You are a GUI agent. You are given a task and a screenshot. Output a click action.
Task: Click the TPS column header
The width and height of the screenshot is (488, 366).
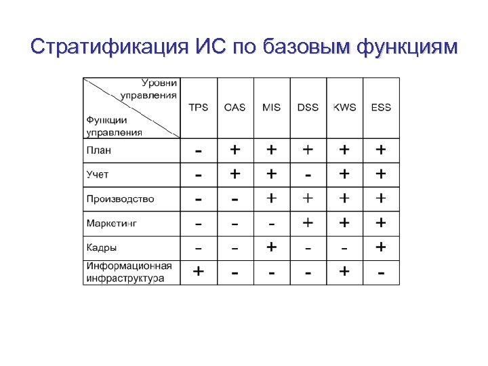(199, 108)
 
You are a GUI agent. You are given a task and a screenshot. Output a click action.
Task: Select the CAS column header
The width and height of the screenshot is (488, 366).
(235, 108)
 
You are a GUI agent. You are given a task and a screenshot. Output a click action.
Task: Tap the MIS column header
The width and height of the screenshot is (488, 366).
(272, 108)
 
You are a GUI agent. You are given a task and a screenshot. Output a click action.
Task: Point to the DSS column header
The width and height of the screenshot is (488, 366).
(308, 108)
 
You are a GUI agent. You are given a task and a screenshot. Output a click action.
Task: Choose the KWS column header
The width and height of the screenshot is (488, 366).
(344, 108)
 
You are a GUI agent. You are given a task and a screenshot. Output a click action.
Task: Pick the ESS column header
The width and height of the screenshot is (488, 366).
(381, 108)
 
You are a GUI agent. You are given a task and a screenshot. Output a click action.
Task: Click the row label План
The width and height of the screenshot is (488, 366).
(99, 150)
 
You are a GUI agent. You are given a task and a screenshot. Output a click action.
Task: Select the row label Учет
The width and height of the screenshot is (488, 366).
(98, 175)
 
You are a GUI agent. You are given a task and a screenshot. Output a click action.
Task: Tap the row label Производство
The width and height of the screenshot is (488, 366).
(120, 199)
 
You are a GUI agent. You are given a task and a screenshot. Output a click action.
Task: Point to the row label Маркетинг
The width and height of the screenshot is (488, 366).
(112, 223)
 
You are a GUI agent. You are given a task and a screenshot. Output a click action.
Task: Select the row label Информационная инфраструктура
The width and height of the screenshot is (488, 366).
(129, 271)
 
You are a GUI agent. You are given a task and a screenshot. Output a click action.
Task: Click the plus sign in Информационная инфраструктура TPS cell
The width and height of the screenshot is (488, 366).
(199, 271)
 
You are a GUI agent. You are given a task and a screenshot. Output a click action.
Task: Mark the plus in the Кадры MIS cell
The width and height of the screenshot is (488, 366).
(272, 247)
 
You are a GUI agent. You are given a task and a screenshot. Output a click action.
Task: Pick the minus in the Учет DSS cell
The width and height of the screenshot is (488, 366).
(308, 175)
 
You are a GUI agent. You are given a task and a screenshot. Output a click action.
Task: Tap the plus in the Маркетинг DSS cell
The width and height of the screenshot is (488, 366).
(308, 222)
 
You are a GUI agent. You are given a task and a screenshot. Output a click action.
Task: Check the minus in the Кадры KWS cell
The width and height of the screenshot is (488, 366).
(344, 248)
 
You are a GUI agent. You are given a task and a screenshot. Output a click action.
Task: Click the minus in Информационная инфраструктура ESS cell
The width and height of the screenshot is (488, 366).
(381, 272)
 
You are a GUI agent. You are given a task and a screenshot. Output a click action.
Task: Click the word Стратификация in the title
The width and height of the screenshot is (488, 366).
(107, 47)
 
